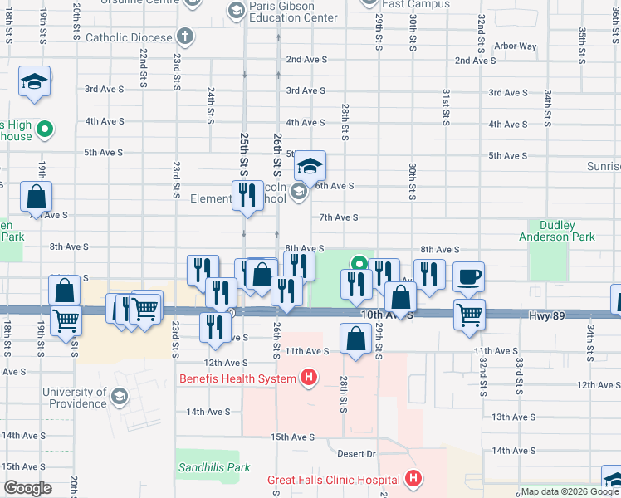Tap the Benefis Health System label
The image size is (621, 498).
[x=238, y=379]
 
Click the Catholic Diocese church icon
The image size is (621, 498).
[x=184, y=37]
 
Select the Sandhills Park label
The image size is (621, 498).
[x=213, y=467]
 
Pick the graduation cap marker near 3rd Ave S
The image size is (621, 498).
[x=34, y=82]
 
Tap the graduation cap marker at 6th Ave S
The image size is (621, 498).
[x=310, y=166]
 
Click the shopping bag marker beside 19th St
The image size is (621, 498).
[x=37, y=198]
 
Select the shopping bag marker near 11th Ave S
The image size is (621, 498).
[x=356, y=339]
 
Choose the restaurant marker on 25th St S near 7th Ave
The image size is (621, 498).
[x=247, y=196]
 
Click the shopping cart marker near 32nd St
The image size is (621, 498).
[x=470, y=315]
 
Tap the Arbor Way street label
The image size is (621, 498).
[x=515, y=46]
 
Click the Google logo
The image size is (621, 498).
[x=27, y=488]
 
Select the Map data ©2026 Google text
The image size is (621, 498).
[x=570, y=491]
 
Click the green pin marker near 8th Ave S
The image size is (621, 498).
[x=359, y=264]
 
